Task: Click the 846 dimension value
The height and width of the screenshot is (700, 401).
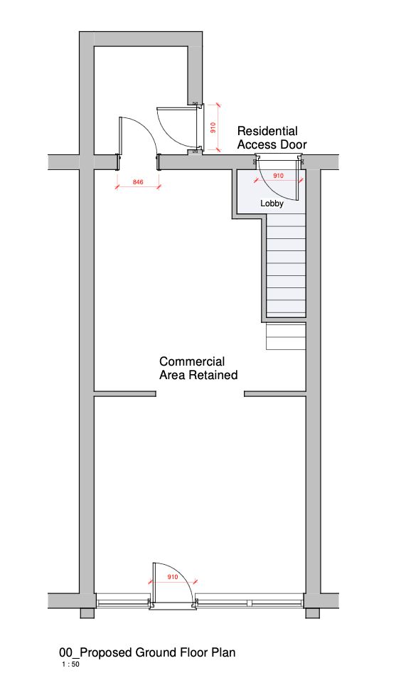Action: [x=138, y=182]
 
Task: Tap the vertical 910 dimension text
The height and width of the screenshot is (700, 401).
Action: [x=213, y=127]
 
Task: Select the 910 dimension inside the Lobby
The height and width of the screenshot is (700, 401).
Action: [x=278, y=176]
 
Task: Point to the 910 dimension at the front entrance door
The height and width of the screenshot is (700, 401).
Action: [x=173, y=577]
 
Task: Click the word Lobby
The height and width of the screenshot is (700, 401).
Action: [x=272, y=203]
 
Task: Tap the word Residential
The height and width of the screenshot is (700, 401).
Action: [x=267, y=131]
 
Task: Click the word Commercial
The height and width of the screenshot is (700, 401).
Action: [x=192, y=361]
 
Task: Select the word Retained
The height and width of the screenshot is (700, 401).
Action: [x=212, y=375]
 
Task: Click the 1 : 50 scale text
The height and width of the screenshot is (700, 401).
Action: [x=71, y=664]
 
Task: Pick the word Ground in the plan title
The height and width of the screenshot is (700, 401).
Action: [x=155, y=652]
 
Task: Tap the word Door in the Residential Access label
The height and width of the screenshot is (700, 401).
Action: [x=293, y=144]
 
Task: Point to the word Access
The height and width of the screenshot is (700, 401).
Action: [x=257, y=144]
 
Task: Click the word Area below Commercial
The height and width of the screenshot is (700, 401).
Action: [x=171, y=375]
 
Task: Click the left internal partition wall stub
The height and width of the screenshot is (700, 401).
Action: [x=125, y=394]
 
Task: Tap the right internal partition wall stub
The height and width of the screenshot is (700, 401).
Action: [x=274, y=394]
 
